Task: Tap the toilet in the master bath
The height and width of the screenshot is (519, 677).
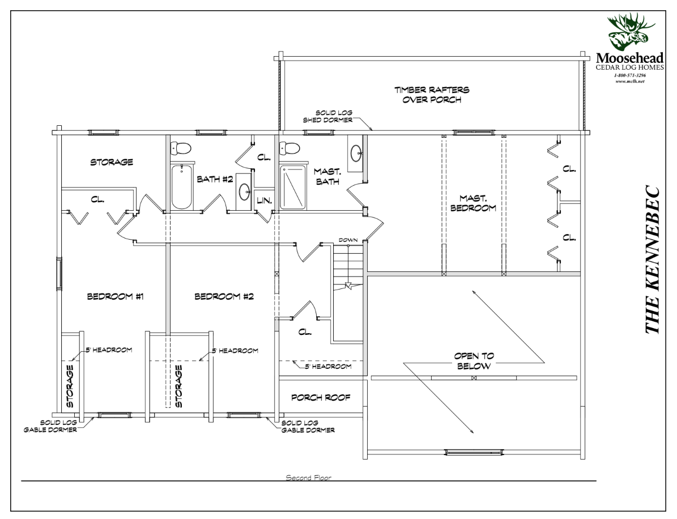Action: [x=291, y=148]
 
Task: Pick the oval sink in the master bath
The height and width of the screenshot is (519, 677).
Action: [x=357, y=153]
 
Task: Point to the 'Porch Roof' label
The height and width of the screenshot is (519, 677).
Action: [x=318, y=397]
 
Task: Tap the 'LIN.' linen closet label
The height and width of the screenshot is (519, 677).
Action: [x=264, y=200]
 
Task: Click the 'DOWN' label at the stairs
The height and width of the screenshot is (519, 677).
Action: [x=348, y=240]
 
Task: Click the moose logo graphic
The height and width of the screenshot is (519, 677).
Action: [x=630, y=34]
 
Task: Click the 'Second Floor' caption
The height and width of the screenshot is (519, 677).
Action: [x=308, y=478]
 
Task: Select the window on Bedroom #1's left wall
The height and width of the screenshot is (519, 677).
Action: [x=59, y=275]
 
